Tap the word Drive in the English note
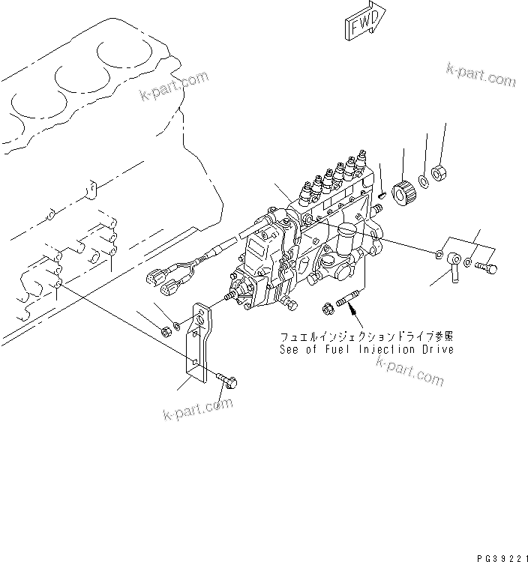(436, 350)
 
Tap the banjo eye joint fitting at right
(452, 263)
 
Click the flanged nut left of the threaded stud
(327, 308)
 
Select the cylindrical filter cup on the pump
(346, 238)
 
